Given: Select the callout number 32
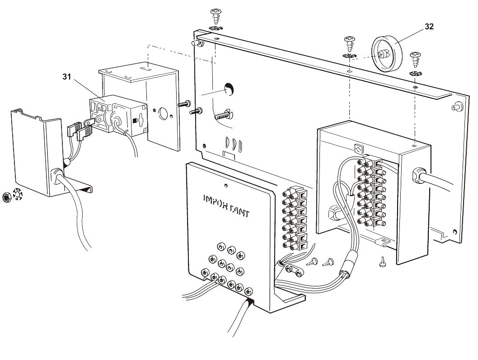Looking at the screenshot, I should click(429, 27).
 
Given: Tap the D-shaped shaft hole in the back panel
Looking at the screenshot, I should click(230, 89).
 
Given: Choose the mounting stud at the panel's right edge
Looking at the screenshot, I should click(459, 107).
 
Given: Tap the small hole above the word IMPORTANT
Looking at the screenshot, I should click(226, 185).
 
